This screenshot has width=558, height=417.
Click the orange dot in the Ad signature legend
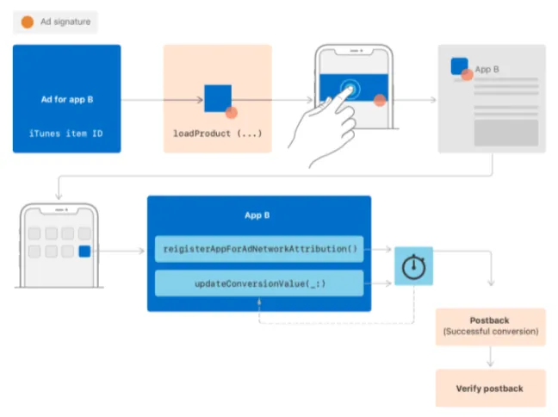point(28,21)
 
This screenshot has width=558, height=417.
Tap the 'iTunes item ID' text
point(67,134)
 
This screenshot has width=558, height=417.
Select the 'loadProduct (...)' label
point(217,134)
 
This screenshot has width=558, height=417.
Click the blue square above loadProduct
point(217,98)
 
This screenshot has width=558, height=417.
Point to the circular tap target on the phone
point(349,89)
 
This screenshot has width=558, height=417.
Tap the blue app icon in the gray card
point(460,66)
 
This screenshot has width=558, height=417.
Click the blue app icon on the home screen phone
point(84,252)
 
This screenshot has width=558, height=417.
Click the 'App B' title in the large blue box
point(258,215)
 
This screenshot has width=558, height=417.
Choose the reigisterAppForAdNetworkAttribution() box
point(259,249)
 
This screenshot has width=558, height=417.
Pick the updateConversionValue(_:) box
point(259,283)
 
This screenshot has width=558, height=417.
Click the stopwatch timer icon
point(415,266)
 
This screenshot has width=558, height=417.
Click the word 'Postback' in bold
point(490,321)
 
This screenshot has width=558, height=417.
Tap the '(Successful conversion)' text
point(490,332)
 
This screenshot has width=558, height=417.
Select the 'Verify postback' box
point(490,389)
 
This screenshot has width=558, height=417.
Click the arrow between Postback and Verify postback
point(490,358)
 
